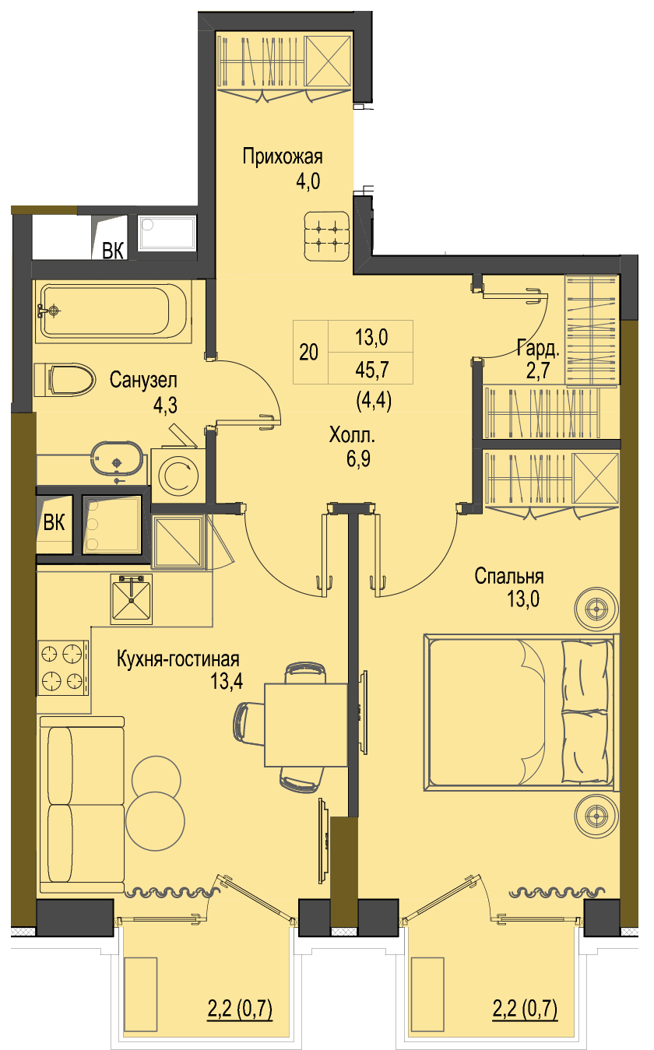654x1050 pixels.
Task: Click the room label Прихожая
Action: click(282, 156)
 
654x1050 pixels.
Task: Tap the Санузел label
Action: click(143, 380)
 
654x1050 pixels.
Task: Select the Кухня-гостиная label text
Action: click(178, 658)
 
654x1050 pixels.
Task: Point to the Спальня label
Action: click(508, 576)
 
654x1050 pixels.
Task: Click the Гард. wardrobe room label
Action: click(538, 347)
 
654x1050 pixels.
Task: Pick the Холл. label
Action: click(352, 435)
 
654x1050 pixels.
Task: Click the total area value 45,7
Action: click(372, 370)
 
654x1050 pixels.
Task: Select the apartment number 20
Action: click(308, 352)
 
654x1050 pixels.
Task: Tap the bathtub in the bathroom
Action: click(114, 311)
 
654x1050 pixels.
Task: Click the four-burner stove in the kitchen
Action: click(63, 668)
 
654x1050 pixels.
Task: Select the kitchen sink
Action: click(132, 599)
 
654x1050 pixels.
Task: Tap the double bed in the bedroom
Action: click(521, 712)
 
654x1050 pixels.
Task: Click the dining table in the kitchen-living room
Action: click(306, 725)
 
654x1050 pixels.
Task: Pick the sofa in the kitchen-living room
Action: click(82, 804)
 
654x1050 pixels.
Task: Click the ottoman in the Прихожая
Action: click(327, 237)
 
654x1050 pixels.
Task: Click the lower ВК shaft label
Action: click(54, 522)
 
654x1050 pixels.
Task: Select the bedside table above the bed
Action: click(596, 609)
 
